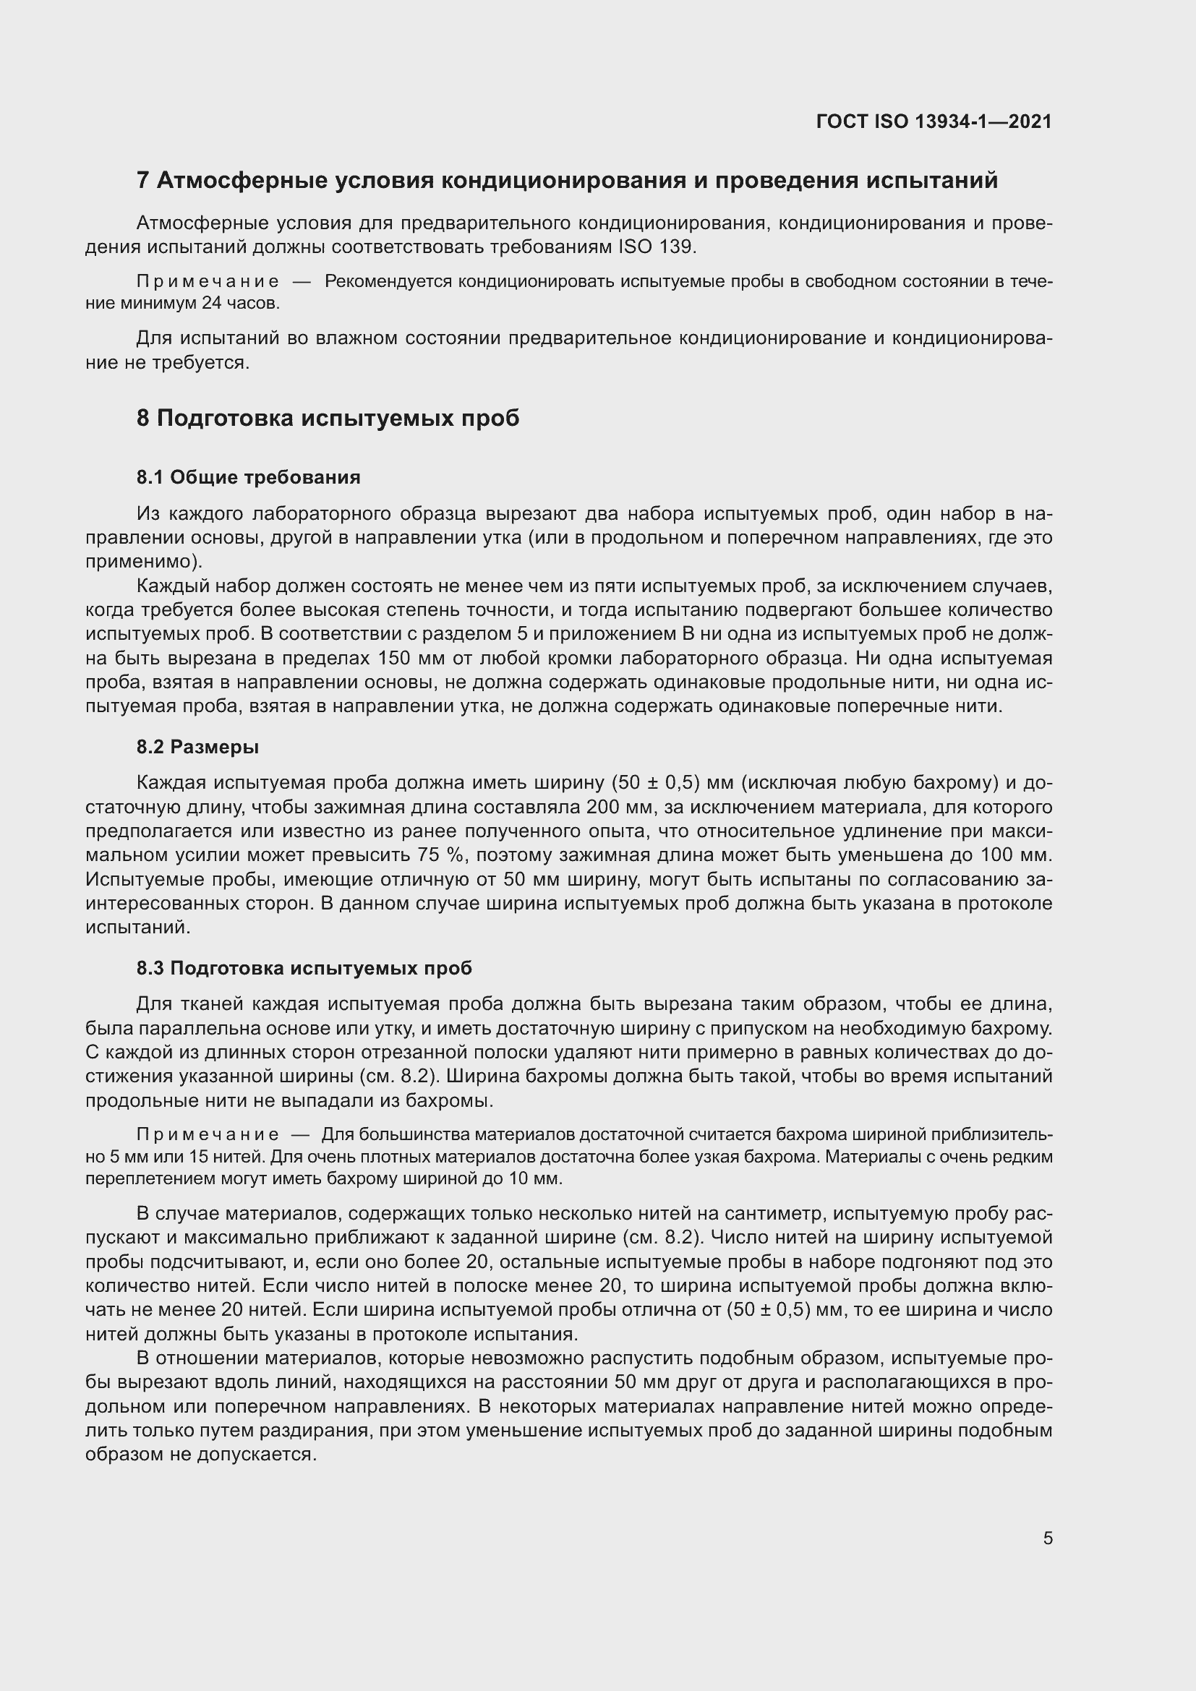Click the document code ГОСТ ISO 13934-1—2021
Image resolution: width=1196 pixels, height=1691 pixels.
[x=933, y=121]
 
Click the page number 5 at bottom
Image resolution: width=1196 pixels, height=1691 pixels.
[x=1047, y=1538]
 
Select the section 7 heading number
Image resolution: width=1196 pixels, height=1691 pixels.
[x=143, y=181]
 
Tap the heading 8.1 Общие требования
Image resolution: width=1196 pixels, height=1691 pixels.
[x=248, y=477]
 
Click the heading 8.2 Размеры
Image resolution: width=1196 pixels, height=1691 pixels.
[x=197, y=747]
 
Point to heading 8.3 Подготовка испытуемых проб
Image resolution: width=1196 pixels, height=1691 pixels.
[x=304, y=968]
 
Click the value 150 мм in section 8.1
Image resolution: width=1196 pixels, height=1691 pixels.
[x=401, y=658]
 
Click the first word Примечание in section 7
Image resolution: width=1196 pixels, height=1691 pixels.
[x=208, y=281]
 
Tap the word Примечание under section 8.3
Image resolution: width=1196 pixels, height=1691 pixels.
[x=208, y=1135]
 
